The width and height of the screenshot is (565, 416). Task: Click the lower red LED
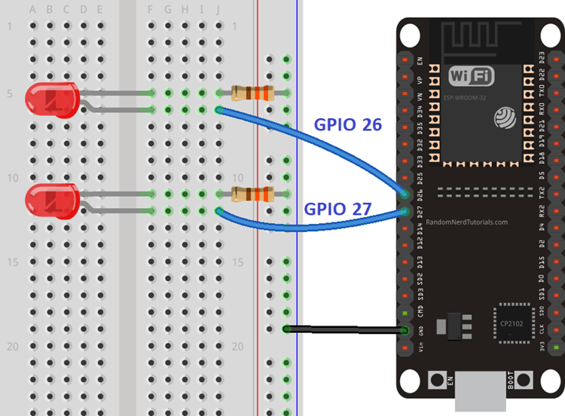pyautogui.click(x=51, y=201)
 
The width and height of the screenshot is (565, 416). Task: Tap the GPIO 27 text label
pyautogui.click(x=337, y=209)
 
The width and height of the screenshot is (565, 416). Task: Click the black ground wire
pyautogui.click(x=347, y=329)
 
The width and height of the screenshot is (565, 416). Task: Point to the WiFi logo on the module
pyautogui.click(x=472, y=75)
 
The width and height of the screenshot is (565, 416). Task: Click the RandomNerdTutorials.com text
pyautogui.click(x=467, y=222)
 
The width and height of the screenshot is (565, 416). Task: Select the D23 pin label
pyautogui.click(x=542, y=58)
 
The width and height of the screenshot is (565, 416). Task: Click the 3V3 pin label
pyautogui.click(x=542, y=347)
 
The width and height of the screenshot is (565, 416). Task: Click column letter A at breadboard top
pyautogui.click(x=32, y=10)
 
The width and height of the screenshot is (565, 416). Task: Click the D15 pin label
pyautogui.click(x=542, y=262)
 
